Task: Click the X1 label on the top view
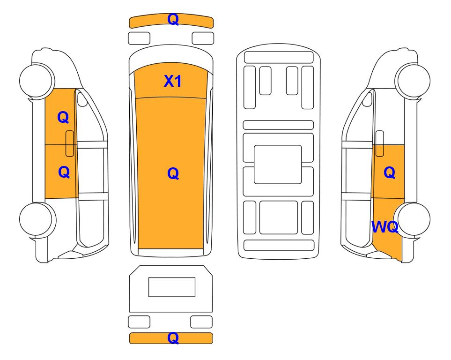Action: point(172,81)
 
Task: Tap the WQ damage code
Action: point(385,227)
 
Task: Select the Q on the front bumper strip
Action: point(173,20)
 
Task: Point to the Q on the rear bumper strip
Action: point(173,338)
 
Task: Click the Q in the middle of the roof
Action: point(173,173)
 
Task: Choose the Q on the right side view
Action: point(390,173)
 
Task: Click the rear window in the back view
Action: point(172,287)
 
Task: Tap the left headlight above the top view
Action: point(139,38)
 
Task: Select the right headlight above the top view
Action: point(203,38)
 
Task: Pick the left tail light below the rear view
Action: point(139,322)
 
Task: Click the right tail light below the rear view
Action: point(201,322)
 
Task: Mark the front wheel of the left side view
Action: point(37,81)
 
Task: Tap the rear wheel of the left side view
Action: point(37,219)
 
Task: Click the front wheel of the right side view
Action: point(413,81)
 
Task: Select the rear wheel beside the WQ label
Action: point(412,219)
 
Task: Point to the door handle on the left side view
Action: point(70,143)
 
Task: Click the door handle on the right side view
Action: point(380,143)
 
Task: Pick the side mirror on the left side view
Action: point(82,99)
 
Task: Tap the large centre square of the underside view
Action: point(278,165)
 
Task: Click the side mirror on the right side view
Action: point(367,99)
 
